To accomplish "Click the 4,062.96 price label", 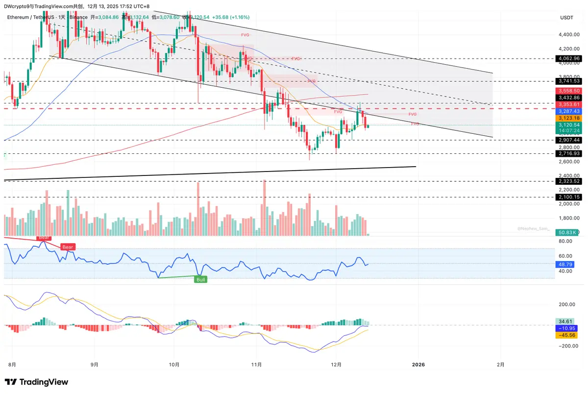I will [568, 59].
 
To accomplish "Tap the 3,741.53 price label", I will [568, 81].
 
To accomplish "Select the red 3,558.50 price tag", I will [568, 91].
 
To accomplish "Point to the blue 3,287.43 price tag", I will [568, 111].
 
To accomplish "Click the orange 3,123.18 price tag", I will [568, 118].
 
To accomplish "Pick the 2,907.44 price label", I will [568, 140].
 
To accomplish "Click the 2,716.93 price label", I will [568, 153].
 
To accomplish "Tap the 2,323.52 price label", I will [568, 181].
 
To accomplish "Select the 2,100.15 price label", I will [568, 197].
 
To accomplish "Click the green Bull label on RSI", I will [201, 279].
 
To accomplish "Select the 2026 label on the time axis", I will [418, 365].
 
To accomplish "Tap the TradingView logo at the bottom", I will [37, 382].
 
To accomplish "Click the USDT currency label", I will [567, 18].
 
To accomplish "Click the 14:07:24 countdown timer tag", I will [568, 131].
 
